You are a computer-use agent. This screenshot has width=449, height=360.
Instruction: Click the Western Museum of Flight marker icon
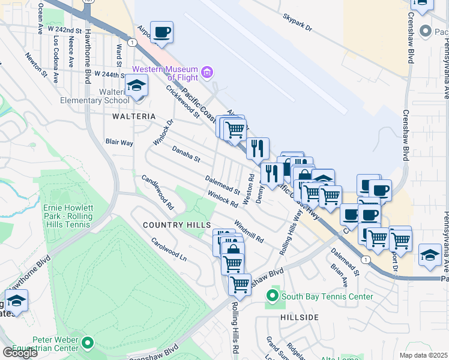pyautogui.click(x=208, y=73)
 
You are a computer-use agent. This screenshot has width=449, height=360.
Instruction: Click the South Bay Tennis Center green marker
pyautogui.click(x=272, y=296)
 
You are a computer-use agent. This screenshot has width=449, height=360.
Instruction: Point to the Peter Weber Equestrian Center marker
pyautogui.click(x=88, y=343)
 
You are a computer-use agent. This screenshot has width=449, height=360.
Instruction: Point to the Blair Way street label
pyautogui.click(x=119, y=142)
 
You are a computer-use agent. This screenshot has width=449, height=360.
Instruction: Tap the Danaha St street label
pyautogui.click(x=185, y=154)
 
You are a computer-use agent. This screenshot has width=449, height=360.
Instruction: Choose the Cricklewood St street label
pyautogui.click(x=182, y=102)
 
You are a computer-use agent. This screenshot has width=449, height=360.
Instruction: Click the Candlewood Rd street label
pyautogui.click(x=157, y=192)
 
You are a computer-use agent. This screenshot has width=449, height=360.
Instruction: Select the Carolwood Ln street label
pyautogui.click(x=169, y=251)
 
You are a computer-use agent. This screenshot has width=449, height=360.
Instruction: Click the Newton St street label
pyautogui.click(x=36, y=65)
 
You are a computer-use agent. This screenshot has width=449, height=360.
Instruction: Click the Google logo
pyautogui.click(x=20, y=352)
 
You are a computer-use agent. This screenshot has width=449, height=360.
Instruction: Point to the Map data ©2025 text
pyautogui.click(x=423, y=355)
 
